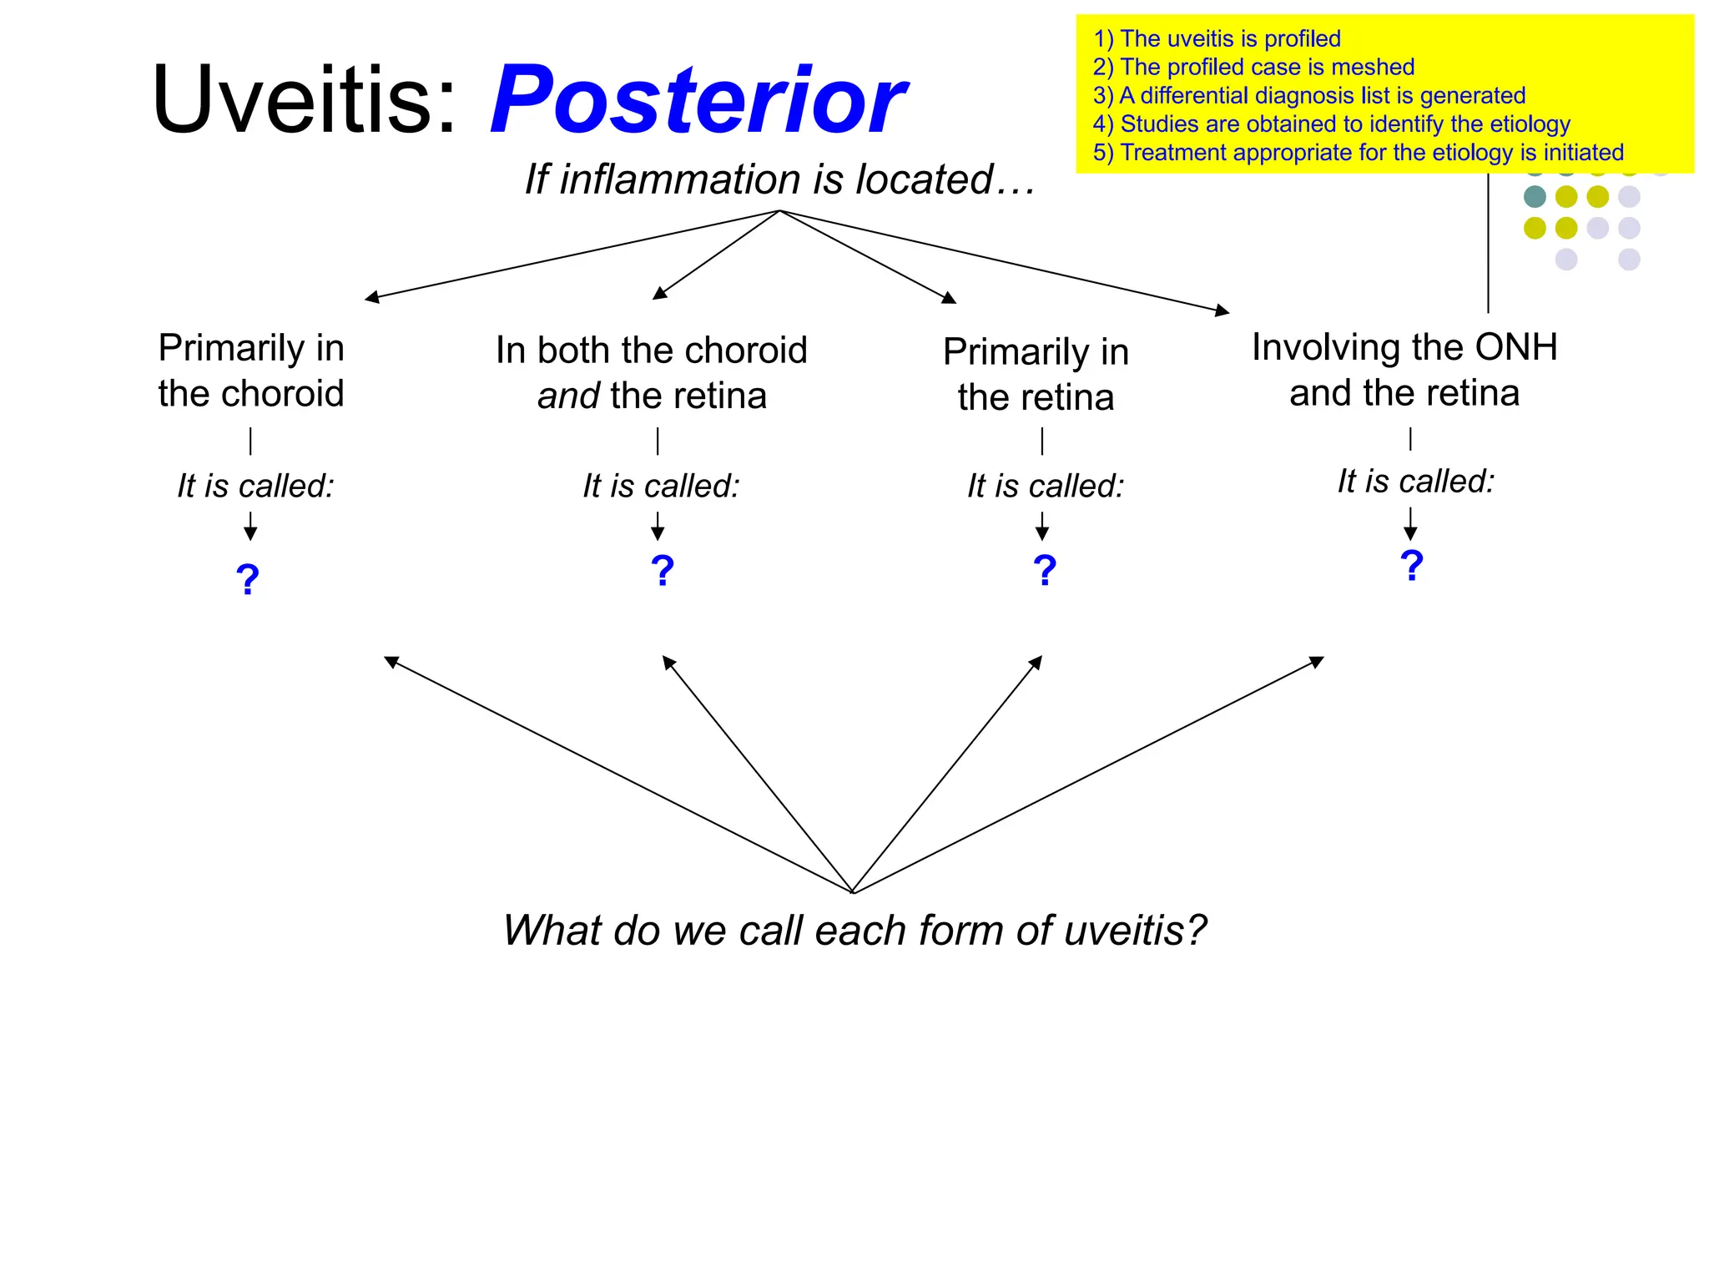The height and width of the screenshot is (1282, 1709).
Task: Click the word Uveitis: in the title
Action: pos(305,100)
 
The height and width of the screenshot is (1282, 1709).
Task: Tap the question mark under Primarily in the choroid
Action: pos(248,579)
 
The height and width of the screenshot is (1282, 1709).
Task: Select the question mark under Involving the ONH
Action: pos(1411,566)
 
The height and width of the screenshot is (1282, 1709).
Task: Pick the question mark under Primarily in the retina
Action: pos(1044,571)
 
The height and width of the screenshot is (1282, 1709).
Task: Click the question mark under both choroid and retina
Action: pos(662,571)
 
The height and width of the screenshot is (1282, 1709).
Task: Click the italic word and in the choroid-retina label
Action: pos(568,396)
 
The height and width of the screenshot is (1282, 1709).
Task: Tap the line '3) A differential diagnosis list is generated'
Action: pos(1308,95)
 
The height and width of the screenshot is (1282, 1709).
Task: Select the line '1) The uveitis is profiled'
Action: pos(1217,38)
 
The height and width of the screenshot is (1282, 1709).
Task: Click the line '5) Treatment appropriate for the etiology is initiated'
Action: pos(1358,153)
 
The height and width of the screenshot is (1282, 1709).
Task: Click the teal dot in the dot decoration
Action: pos(1534,197)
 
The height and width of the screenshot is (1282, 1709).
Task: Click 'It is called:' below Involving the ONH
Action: pos(1415,482)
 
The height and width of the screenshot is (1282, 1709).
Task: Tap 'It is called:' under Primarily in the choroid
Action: pos(255,486)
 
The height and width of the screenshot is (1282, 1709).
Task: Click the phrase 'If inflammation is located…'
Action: pos(779,179)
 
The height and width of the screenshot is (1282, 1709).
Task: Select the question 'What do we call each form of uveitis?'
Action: pos(854,930)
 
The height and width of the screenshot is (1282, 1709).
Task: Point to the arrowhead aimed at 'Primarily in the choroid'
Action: pos(372,297)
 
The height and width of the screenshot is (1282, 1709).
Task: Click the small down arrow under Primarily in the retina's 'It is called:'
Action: pos(1041,527)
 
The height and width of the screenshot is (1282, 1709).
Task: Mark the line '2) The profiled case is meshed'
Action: pos(1253,67)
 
